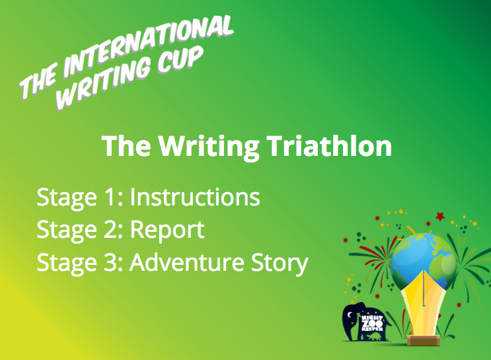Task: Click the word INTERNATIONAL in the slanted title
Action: coord(149,47)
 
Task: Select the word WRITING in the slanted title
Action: coord(104,83)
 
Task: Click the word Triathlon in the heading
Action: coord(329,146)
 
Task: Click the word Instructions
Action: coord(195,198)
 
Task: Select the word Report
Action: coord(167,231)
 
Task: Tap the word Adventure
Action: coord(187,262)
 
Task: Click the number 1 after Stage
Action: coord(110,198)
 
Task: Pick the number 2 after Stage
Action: coord(110,229)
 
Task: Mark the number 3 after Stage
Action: coord(110,262)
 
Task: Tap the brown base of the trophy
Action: coord(424,340)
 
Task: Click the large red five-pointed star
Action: coord(440,216)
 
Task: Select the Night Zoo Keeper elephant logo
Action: coord(366,322)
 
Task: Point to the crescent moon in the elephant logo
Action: coord(350,314)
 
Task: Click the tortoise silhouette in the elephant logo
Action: coord(375,337)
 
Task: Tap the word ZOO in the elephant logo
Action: coord(371,324)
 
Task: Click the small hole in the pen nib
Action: coord(424,305)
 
